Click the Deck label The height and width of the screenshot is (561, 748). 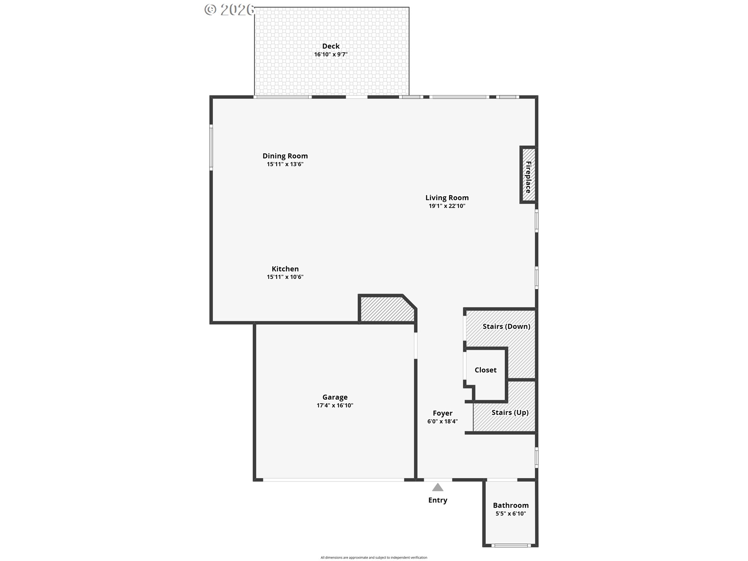331,46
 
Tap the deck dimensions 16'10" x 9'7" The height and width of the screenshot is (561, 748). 331,55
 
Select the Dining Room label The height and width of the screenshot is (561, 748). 285,156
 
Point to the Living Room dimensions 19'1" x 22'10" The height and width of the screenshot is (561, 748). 447,206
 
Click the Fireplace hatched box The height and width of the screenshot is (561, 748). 528,175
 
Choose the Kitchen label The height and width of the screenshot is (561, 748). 285,269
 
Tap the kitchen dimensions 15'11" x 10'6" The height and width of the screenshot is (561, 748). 285,277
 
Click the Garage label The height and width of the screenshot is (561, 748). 335,397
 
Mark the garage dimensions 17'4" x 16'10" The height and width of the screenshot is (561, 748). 335,406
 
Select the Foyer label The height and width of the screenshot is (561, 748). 443,413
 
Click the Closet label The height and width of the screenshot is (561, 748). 485,370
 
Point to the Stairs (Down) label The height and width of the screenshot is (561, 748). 506,326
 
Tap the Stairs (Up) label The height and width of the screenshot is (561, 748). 510,413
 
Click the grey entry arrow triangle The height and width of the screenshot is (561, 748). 438,488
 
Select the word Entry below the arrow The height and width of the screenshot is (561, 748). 438,500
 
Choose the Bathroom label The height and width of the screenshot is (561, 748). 511,505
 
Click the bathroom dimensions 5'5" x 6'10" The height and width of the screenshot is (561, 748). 511,513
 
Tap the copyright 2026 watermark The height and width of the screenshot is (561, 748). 230,10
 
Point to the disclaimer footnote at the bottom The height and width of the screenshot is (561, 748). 374,557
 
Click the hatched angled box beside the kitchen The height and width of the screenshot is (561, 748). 387,309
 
